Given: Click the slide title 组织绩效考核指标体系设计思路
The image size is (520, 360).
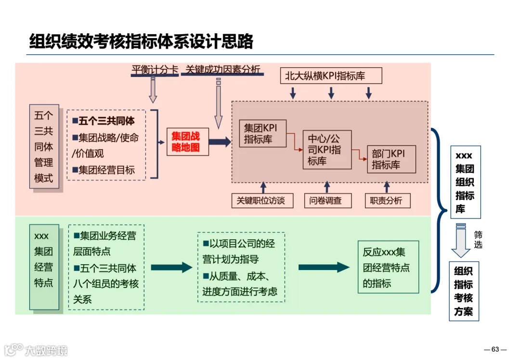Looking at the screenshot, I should coord(141,42).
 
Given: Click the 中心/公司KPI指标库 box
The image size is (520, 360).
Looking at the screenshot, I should coord(327,149).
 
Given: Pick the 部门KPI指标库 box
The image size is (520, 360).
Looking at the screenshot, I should coord(391,159).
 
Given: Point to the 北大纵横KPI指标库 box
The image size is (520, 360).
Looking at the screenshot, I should coord(331,76).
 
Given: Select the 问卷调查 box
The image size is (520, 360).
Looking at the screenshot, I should coord(328,200).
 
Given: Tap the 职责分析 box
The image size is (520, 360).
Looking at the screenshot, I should coord(387,200).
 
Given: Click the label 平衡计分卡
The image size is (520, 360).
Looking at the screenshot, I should coord(155,70).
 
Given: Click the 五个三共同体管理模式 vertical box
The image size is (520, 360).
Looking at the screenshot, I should coord(44,146).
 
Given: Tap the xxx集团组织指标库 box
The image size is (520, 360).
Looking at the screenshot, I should coord(465,182).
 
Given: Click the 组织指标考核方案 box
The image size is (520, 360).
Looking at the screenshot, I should coord(464,291).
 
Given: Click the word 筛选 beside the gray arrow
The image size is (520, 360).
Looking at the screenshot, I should coord(478,240).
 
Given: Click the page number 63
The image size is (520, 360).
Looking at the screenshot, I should coord(495,349).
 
